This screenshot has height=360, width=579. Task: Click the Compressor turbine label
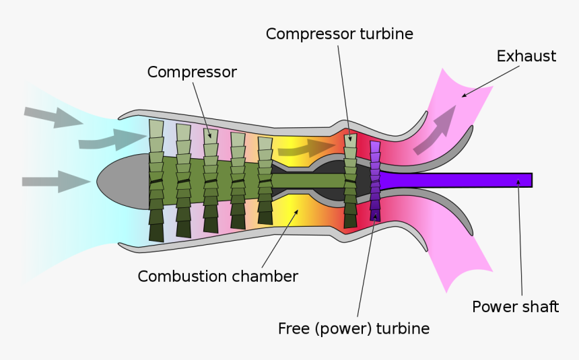click(x=339, y=34)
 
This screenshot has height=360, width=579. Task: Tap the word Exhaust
click(x=526, y=56)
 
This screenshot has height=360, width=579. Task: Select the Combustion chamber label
click(x=217, y=276)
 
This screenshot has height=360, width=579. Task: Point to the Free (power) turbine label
click(x=353, y=328)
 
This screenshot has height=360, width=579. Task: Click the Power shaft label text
click(x=515, y=307)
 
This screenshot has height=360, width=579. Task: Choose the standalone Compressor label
click(x=192, y=72)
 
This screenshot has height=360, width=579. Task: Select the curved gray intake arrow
click(x=111, y=139)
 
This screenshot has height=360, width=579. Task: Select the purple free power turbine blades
click(x=375, y=180)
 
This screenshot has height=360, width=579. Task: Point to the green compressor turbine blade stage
click(x=349, y=180)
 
